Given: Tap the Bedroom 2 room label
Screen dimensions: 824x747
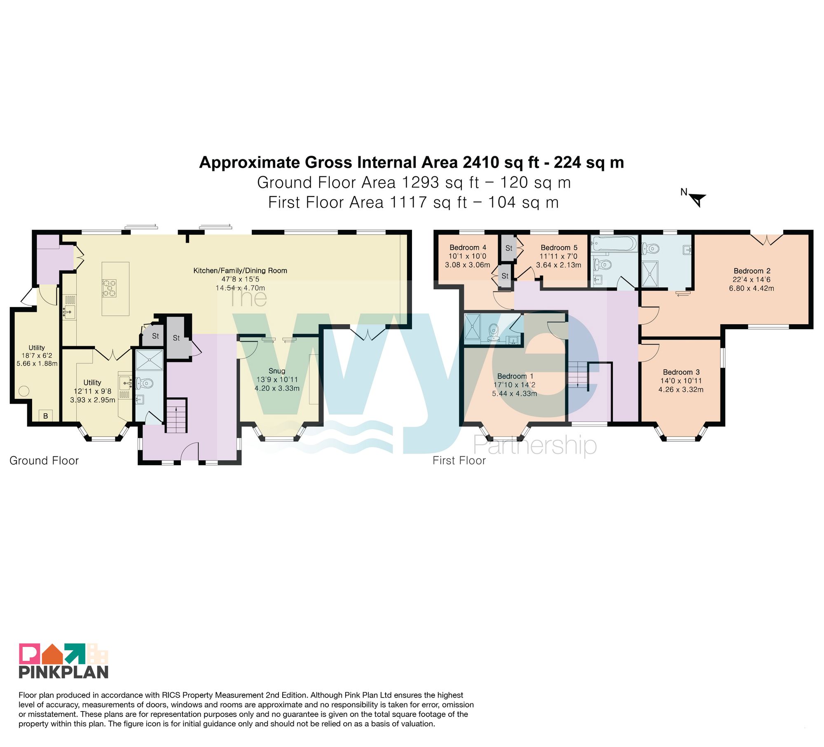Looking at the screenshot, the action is coord(752,271).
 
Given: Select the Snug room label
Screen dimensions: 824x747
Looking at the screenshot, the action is coord(277,371).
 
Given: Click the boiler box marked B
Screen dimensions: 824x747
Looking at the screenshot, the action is coord(46,416).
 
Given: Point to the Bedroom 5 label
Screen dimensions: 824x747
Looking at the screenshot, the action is coord(559,248).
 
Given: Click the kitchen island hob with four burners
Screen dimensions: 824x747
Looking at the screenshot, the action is coord(110,288).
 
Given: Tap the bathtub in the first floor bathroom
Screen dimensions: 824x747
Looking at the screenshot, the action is coord(614,244).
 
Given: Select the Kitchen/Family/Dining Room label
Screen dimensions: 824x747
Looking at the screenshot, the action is coord(240,271).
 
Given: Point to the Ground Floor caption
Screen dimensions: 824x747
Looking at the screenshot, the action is coord(44,460).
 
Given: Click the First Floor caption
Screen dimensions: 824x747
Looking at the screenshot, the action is coord(459,460).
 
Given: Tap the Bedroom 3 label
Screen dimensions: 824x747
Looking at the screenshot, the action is coord(681,372).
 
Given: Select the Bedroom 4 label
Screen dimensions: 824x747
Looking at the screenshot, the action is coord(468,248).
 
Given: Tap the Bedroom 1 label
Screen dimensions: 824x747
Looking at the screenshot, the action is coord(515,376).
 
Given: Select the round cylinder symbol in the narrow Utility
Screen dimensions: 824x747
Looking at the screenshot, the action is coord(23,391).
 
